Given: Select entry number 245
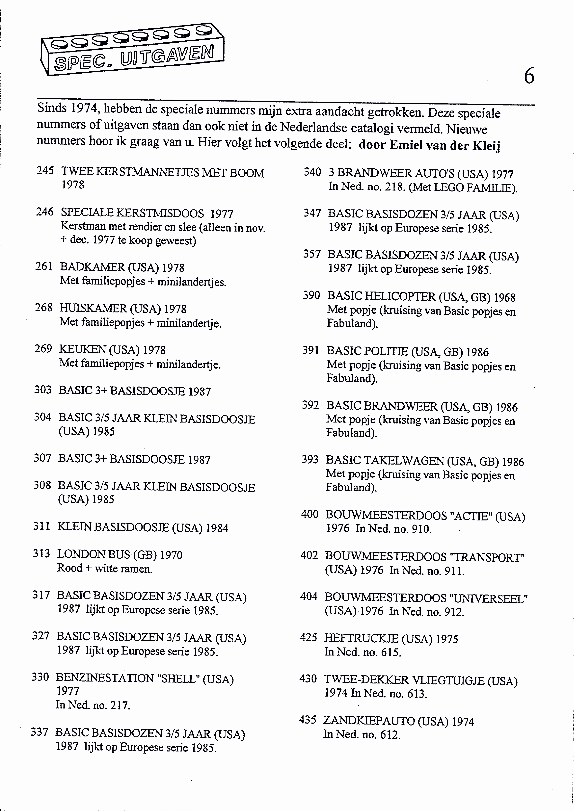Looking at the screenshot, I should click(45, 171).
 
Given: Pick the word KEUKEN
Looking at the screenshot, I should click(82, 349).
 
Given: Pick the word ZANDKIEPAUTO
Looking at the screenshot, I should click(369, 721).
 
